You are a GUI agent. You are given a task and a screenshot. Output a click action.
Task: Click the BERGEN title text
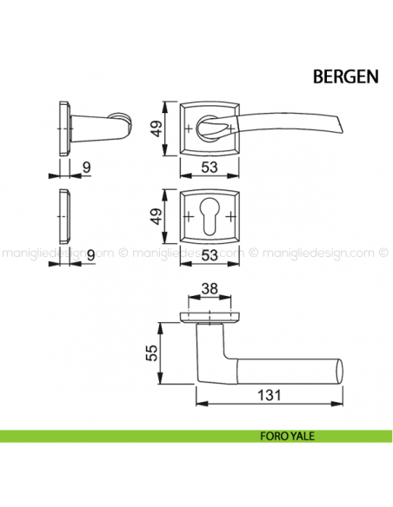coord(345,77)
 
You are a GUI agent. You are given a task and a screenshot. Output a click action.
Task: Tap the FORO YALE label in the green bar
coord(287,436)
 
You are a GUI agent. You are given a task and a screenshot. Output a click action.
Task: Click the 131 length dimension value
coord(269,395)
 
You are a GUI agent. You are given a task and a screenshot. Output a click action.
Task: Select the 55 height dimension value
coord(152,352)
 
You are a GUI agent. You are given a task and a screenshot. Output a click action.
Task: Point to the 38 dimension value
coord(210,288)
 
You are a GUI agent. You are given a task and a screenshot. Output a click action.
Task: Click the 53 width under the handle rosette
coord(210,168)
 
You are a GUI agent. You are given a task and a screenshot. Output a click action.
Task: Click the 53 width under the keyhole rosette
coord(210,255)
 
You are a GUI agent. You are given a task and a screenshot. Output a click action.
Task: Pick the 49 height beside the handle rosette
coord(157,128)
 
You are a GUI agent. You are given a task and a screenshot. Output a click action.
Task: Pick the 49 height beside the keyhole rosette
coord(157,216)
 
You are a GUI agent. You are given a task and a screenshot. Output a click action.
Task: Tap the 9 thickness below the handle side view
coord(86,168)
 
